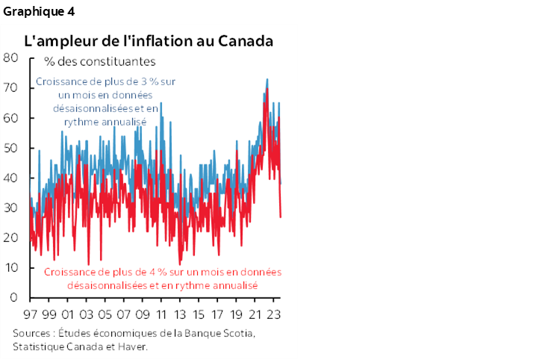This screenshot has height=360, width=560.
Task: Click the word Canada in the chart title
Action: click(245, 40)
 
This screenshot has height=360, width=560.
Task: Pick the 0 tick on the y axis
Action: click(13, 297)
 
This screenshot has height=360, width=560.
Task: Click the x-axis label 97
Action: click(31, 314)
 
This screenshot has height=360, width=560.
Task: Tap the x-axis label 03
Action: click(86, 314)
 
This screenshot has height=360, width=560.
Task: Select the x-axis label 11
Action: click(161, 314)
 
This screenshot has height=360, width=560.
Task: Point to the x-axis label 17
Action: click(217, 314)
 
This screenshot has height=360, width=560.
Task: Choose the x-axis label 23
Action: click(273, 314)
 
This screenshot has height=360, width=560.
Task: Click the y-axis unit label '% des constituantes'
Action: click(99, 61)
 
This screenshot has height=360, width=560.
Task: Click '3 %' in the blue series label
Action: click(154, 81)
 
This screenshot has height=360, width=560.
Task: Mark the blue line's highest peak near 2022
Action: click(267, 79)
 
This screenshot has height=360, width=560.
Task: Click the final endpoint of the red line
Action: click(281, 217)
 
